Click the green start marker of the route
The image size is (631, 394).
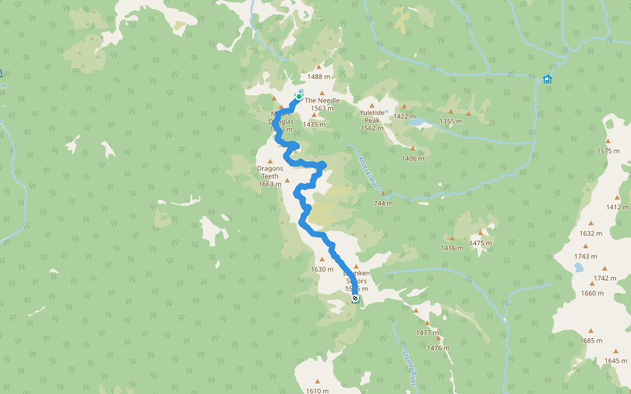[299, 97]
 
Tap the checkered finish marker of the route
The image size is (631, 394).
[355, 299]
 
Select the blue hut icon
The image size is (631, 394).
[547, 79]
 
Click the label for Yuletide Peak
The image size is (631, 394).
[371, 120]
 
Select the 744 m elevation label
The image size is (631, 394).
[383, 203]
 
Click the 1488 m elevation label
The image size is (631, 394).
[319, 76]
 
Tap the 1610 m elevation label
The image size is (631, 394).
[317, 391]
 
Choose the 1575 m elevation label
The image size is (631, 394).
[608, 151]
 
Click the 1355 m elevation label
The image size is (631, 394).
[451, 121]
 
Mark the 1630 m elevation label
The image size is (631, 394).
[322, 269]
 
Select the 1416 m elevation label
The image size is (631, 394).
[452, 248]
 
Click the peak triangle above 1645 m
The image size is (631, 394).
[616, 351]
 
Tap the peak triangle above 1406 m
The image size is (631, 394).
[412, 148]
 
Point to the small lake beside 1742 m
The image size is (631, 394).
[578, 268]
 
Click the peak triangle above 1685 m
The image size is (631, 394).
[590, 331]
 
